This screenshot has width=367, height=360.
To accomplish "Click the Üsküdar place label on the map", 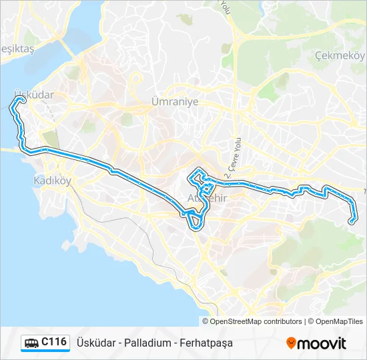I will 33,95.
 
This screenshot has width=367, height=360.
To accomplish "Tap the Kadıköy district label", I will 51,181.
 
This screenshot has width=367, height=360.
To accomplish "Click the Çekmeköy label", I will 338,55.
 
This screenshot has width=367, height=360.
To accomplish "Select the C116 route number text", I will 54,342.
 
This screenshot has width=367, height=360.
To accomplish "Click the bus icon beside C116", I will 31,343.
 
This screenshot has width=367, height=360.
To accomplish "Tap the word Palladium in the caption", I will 142,343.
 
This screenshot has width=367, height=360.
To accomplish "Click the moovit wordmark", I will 322,343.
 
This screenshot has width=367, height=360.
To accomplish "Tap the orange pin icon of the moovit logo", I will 291,343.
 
